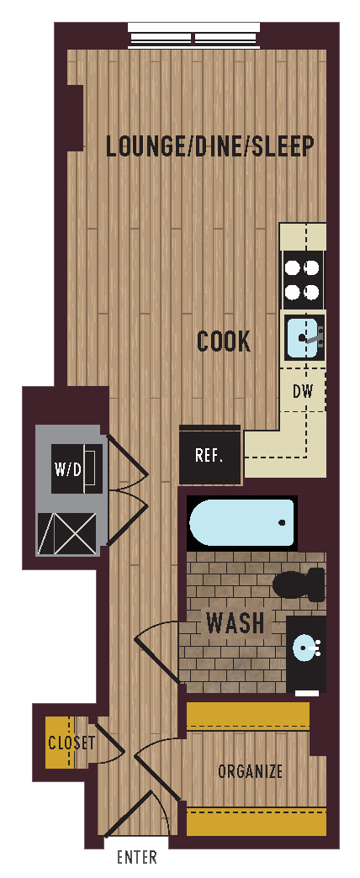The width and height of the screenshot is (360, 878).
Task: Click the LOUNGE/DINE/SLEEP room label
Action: tap(209, 146)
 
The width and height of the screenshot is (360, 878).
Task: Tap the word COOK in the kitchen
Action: tap(224, 341)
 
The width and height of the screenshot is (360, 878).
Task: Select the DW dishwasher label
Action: tap(303, 391)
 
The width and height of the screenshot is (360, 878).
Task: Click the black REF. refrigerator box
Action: tap(209, 455)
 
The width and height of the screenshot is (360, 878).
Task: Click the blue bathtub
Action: tap(241, 523)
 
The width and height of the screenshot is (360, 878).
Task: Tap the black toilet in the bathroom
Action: tap(299, 584)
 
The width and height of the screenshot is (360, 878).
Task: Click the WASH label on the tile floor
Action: tap(236, 623)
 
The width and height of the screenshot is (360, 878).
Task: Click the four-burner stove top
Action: tap(303, 280)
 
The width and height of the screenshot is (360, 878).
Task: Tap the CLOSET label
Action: tap(71, 743)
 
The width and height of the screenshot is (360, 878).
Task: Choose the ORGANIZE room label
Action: tap(250, 771)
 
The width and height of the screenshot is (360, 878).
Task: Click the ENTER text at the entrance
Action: tap(136, 858)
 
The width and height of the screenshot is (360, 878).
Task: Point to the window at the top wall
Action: tap(194, 38)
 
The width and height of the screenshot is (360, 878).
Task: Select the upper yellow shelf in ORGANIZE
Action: tap(247, 717)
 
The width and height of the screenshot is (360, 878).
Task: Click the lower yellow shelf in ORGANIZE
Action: tap(256, 822)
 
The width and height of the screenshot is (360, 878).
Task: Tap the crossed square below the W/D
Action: tap(67, 533)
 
